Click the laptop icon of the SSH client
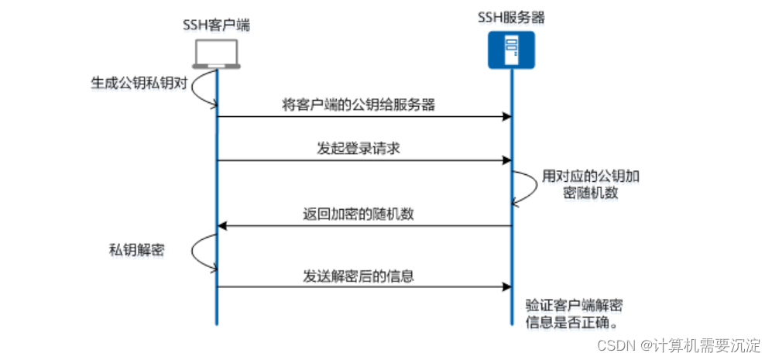[x=216, y=53]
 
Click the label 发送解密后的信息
[x=363, y=275]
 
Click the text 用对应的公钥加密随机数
[x=591, y=184]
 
